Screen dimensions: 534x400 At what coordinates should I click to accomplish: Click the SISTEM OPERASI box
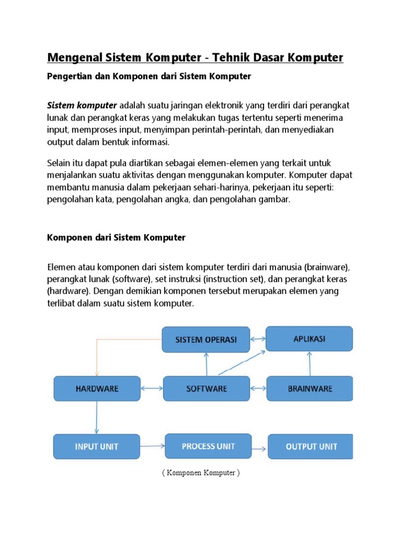(x=206, y=339)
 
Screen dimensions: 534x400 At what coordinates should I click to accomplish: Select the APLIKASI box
(x=309, y=338)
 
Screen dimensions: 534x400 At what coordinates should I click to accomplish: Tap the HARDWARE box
(x=97, y=389)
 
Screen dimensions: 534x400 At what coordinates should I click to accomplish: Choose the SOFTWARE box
(x=206, y=389)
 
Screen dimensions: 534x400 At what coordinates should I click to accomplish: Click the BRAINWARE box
(x=309, y=389)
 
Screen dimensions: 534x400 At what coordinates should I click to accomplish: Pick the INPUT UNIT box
(x=97, y=446)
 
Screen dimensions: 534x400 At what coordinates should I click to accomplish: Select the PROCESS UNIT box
(x=208, y=446)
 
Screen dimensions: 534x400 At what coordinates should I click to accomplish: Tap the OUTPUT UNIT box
(x=310, y=446)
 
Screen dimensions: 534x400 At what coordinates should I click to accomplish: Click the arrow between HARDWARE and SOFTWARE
(x=152, y=389)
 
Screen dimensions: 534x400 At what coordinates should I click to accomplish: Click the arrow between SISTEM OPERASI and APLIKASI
(x=258, y=338)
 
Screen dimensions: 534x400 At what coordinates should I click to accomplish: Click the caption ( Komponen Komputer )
(x=201, y=474)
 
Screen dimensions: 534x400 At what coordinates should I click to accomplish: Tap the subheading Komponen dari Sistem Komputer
(x=116, y=237)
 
